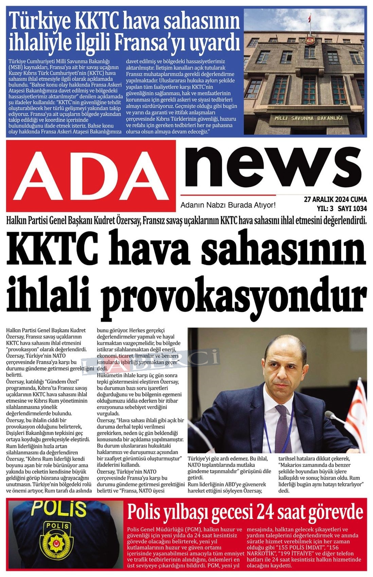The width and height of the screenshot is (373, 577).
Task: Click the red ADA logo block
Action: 91,175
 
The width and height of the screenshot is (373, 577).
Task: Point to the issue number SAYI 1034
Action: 352,209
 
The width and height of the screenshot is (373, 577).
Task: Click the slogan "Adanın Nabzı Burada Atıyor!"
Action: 228,205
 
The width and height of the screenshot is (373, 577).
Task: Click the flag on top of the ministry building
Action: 309,19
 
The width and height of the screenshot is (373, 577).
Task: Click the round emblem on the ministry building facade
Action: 309,41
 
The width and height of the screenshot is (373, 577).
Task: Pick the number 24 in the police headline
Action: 265,512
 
